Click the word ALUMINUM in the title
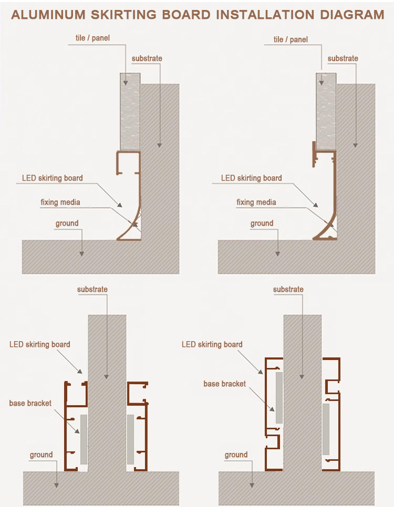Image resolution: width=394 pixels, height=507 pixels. [x=48, y=15]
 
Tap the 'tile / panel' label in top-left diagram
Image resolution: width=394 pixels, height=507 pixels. [x=92, y=38]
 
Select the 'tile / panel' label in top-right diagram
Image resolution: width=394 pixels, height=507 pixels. [x=291, y=39]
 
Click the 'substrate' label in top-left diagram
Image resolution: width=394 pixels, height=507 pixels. [x=147, y=58]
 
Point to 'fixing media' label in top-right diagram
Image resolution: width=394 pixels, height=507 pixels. [x=256, y=203]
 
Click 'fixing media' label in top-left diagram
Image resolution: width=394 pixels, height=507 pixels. [x=60, y=203]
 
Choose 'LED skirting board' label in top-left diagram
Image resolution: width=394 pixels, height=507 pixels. [x=53, y=178]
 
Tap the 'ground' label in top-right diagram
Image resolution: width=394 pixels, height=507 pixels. [x=262, y=224]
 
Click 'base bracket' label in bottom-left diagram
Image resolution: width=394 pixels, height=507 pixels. [x=30, y=403]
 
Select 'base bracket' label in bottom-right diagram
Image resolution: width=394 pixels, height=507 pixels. [x=224, y=384]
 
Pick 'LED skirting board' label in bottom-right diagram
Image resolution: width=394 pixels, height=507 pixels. [x=212, y=344]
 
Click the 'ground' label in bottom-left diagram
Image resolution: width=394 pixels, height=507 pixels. [x=41, y=455]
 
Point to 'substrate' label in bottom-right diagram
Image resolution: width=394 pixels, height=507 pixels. [x=288, y=289]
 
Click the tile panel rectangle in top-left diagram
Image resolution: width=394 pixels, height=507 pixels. [x=130, y=112]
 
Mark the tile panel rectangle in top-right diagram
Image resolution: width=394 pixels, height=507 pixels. [x=326, y=112]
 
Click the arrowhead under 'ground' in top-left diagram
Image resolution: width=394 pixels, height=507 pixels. [x=81, y=254]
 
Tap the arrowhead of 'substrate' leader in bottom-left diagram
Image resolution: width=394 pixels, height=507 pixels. [x=106, y=376]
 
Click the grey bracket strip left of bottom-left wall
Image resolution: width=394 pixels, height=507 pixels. [x=84, y=439]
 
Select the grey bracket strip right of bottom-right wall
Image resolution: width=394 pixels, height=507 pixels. [x=326, y=429]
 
